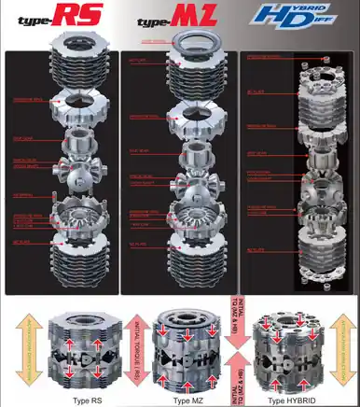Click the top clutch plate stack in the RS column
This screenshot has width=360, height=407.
tap(65, 70)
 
